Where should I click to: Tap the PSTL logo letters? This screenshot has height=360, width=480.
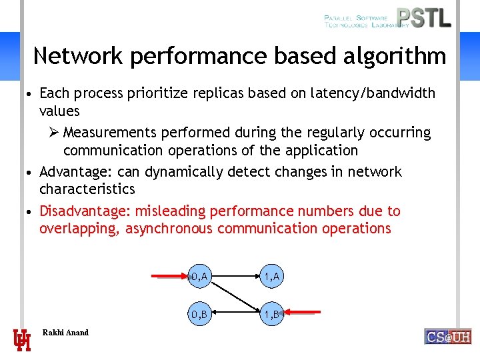point(423,18)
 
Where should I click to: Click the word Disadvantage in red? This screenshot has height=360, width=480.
point(84,211)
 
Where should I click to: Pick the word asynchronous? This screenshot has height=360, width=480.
point(168,229)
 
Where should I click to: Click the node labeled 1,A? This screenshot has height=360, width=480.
point(271,276)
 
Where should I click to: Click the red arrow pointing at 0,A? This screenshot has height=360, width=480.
point(168,275)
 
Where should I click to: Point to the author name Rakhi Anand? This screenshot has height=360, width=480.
point(65,333)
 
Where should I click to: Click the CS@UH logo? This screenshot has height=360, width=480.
point(447,337)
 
